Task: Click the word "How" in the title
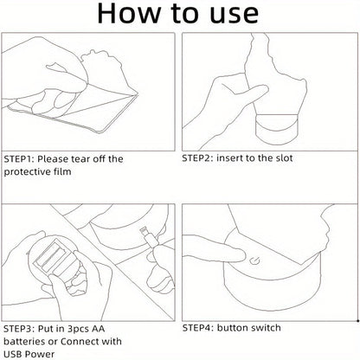click(129, 13)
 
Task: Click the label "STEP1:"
click(19, 159)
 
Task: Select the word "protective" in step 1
click(24, 172)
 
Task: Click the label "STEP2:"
click(197, 158)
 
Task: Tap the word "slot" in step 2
click(283, 157)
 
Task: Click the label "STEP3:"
click(19, 329)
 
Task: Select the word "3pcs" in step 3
click(78, 329)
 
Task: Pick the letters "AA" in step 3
click(99, 329)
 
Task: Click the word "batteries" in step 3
click(24, 342)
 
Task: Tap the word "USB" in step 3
click(12, 354)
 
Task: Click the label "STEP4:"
click(197, 328)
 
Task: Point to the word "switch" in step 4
click(266, 328)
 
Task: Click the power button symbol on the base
click(254, 261)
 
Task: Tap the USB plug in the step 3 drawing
click(149, 236)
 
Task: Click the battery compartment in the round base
click(51, 257)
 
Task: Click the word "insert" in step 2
click(230, 157)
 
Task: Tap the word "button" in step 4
click(232, 328)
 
